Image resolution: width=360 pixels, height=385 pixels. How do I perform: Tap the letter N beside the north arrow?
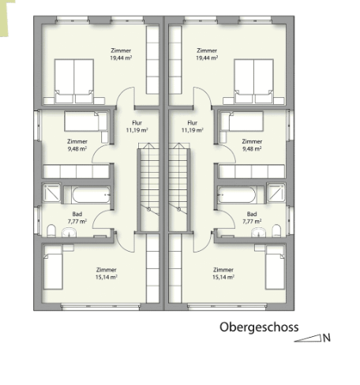326,338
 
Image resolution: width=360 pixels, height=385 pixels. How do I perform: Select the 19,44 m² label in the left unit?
121,58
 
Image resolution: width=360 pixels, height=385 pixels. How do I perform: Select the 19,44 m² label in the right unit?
207,58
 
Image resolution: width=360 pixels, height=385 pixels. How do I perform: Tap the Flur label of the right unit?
189,122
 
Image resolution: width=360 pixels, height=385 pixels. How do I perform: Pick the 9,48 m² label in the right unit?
253,148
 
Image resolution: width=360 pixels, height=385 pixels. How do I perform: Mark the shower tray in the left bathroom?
52,193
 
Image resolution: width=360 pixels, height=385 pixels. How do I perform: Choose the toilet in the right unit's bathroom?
277,230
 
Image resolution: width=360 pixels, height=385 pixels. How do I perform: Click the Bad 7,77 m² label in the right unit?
252,218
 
